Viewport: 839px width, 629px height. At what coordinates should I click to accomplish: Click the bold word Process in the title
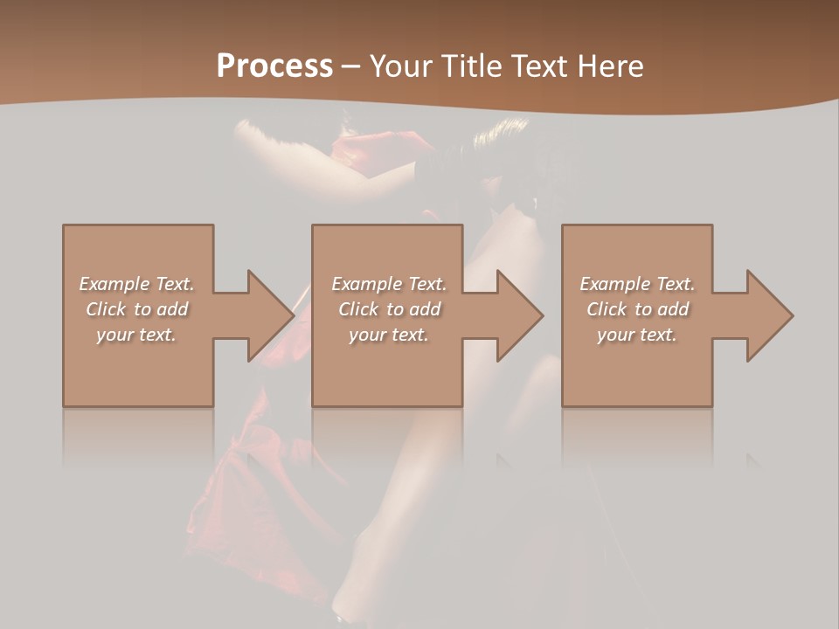tap(274, 66)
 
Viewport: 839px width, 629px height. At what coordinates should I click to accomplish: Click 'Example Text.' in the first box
tap(136, 284)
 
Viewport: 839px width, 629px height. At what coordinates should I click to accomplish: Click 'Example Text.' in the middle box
tap(389, 284)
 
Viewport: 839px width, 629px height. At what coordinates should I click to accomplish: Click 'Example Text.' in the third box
tap(637, 284)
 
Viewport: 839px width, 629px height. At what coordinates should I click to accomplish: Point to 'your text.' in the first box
tap(136, 335)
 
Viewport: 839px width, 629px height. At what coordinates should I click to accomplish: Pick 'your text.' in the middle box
tap(389, 335)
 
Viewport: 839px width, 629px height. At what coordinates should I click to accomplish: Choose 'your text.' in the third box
tap(637, 335)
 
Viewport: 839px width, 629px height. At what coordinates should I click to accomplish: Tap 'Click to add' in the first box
tap(136, 309)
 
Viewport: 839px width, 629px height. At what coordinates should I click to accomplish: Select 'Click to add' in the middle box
tap(389, 309)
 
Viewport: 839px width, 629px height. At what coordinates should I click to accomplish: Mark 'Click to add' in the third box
tap(637, 309)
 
